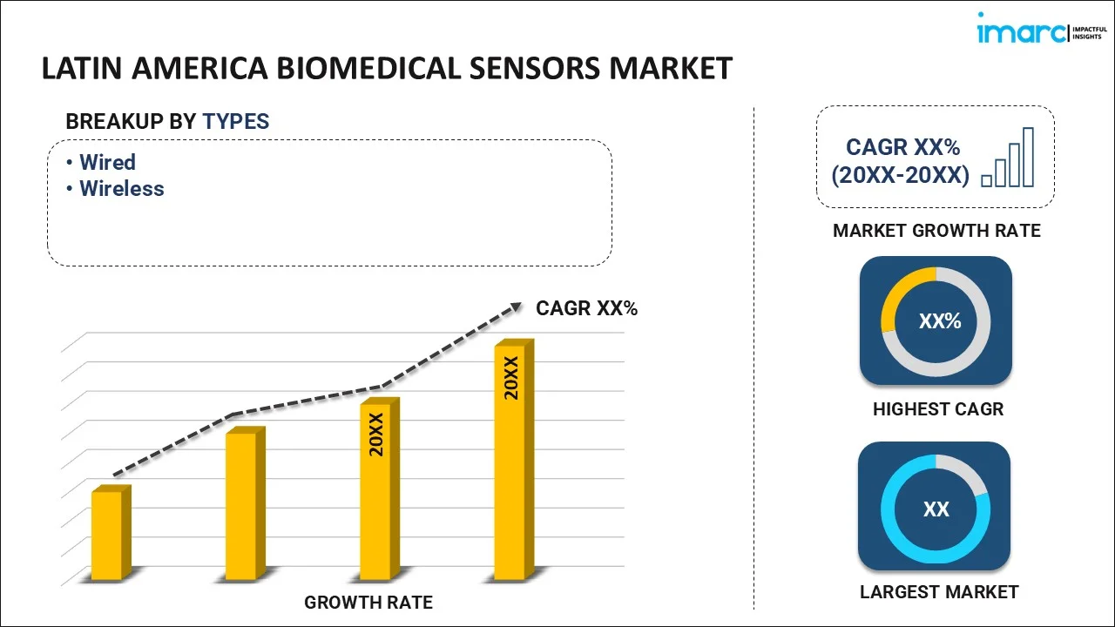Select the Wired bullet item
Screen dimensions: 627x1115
click(107, 162)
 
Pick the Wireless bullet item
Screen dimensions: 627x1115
click(121, 188)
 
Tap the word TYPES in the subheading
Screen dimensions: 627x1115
click(236, 122)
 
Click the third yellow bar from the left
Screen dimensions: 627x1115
click(377, 489)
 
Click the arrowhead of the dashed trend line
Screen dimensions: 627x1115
click(516, 307)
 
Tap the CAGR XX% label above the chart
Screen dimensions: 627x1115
click(586, 308)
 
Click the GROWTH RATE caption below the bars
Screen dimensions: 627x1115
click(368, 602)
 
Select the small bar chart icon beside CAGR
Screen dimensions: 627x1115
click(1008, 158)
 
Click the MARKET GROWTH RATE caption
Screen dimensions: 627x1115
click(936, 231)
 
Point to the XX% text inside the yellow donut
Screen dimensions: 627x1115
click(939, 321)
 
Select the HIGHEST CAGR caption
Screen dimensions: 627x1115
click(937, 408)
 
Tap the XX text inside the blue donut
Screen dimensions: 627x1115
click(936, 509)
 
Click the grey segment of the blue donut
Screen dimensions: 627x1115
click(967, 470)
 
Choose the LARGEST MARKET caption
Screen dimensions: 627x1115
click(938, 592)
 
